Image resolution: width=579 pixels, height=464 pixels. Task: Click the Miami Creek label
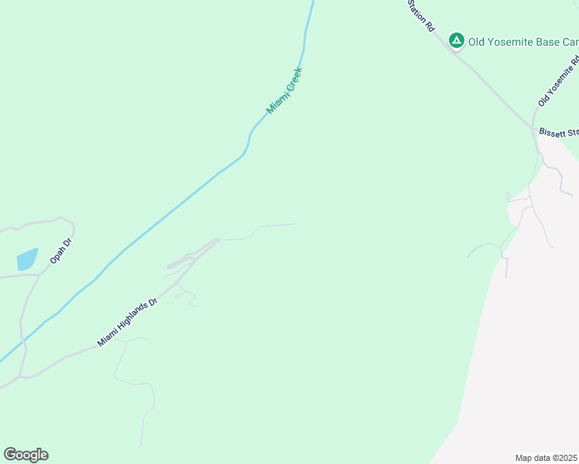[x=284, y=91]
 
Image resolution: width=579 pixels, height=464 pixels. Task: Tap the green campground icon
[x=457, y=40]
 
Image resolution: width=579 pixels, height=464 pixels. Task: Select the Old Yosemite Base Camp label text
[x=523, y=42]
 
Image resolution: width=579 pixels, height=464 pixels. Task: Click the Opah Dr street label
[x=60, y=251]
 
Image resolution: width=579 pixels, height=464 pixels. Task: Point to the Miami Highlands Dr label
[x=127, y=321]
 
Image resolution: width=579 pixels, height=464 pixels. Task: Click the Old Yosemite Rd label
[x=559, y=81]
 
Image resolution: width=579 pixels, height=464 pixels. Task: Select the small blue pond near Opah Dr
[x=27, y=259]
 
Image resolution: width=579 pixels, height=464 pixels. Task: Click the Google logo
[x=26, y=455]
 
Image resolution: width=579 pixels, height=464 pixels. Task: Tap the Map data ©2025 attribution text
[x=546, y=457]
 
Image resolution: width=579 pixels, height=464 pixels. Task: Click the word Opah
[x=57, y=256]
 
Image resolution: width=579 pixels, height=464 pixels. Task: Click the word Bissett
[x=554, y=133]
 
